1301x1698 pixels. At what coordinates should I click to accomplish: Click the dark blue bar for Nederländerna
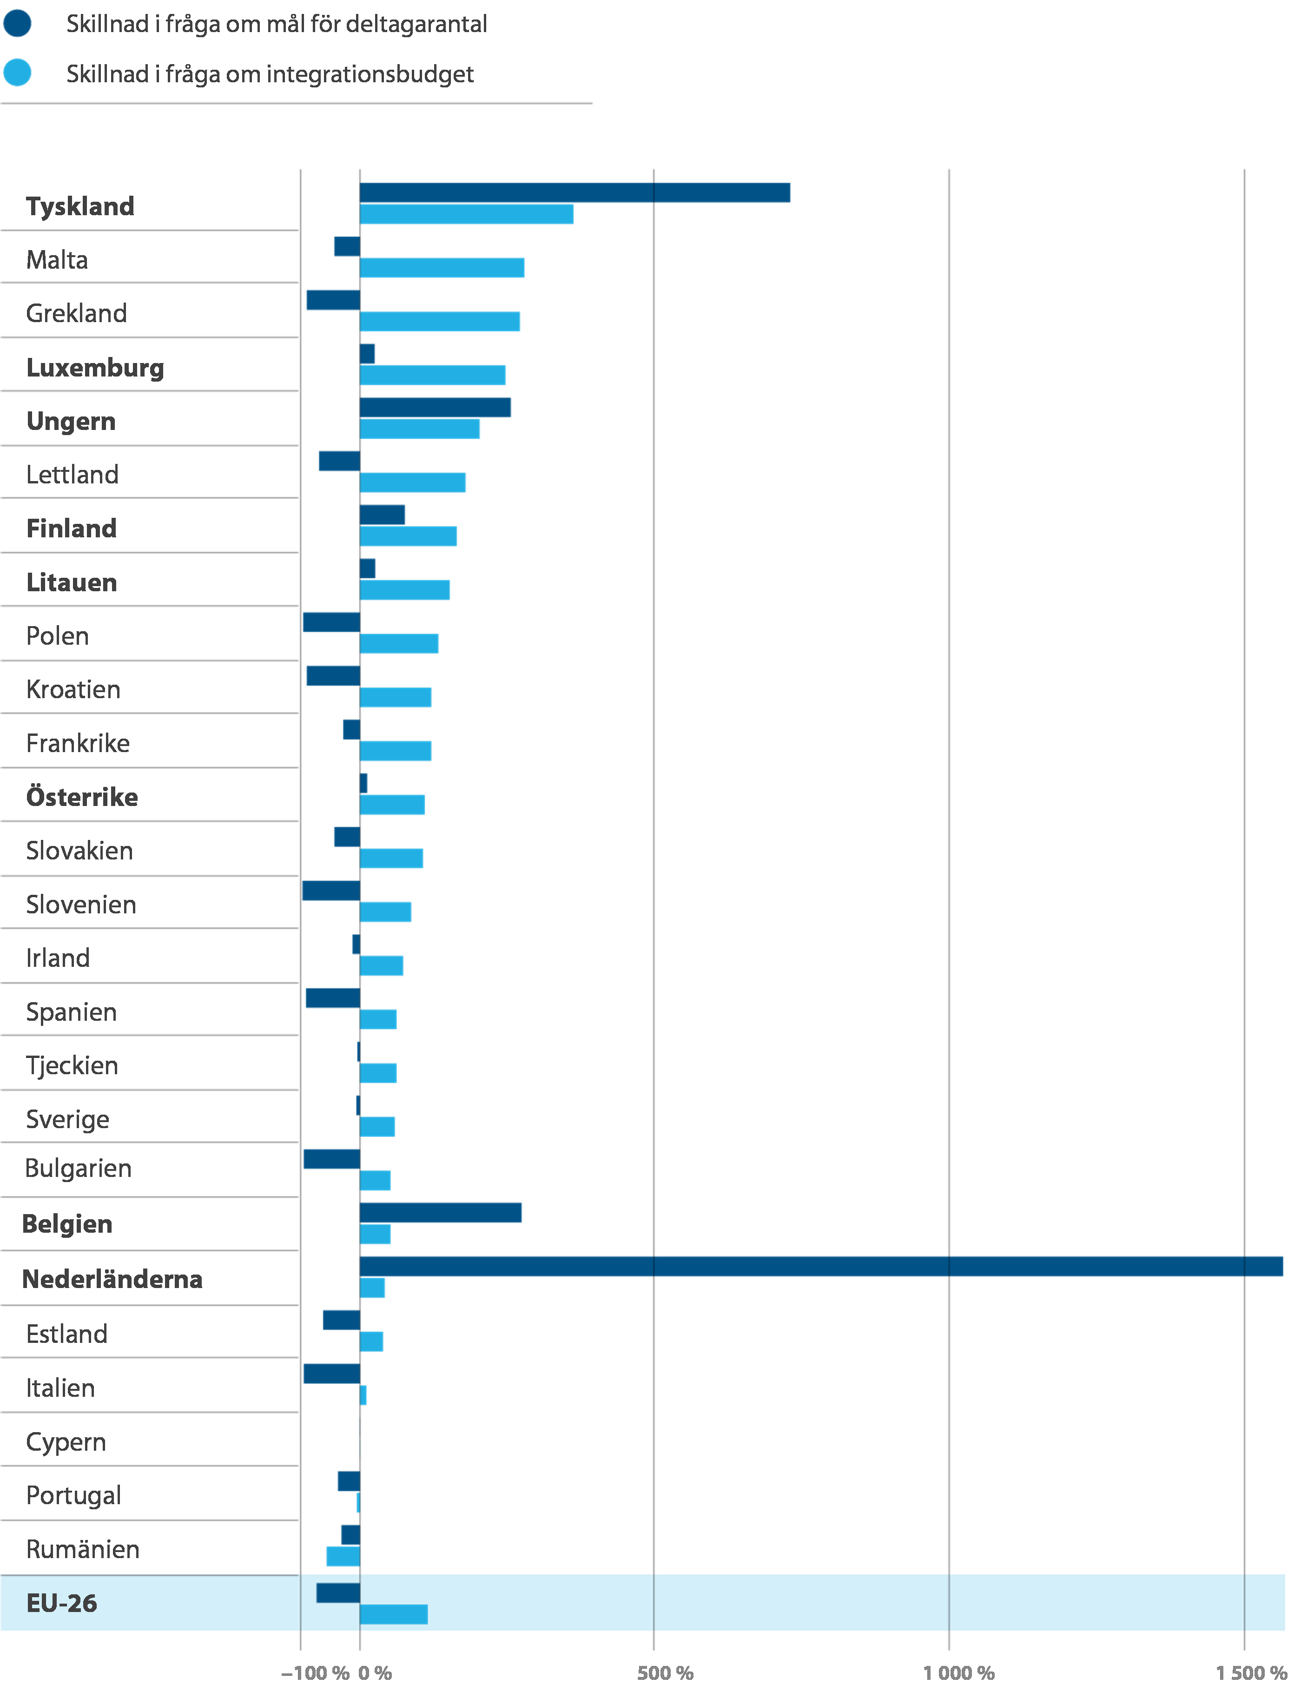tap(821, 1266)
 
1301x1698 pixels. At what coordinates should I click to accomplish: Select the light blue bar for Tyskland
tap(467, 214)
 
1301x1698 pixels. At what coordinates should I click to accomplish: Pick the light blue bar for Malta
tap(442, 268)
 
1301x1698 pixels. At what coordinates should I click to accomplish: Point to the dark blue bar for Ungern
tap(435, 407)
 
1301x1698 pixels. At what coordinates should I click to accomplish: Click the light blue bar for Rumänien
tap(342, 1556)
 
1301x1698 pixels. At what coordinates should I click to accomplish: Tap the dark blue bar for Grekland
tap(333, 300)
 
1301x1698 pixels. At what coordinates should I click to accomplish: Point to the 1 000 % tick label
tap(959, 1672)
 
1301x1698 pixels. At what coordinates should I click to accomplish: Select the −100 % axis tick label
tap(315, 1672)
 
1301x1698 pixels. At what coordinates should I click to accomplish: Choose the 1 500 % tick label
tap(1251, 1672)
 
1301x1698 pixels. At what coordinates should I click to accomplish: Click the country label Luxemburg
tap(94, 367)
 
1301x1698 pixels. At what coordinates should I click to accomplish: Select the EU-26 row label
tap(62, 1603)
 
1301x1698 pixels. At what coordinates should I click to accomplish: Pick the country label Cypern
tap(66, 1442)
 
